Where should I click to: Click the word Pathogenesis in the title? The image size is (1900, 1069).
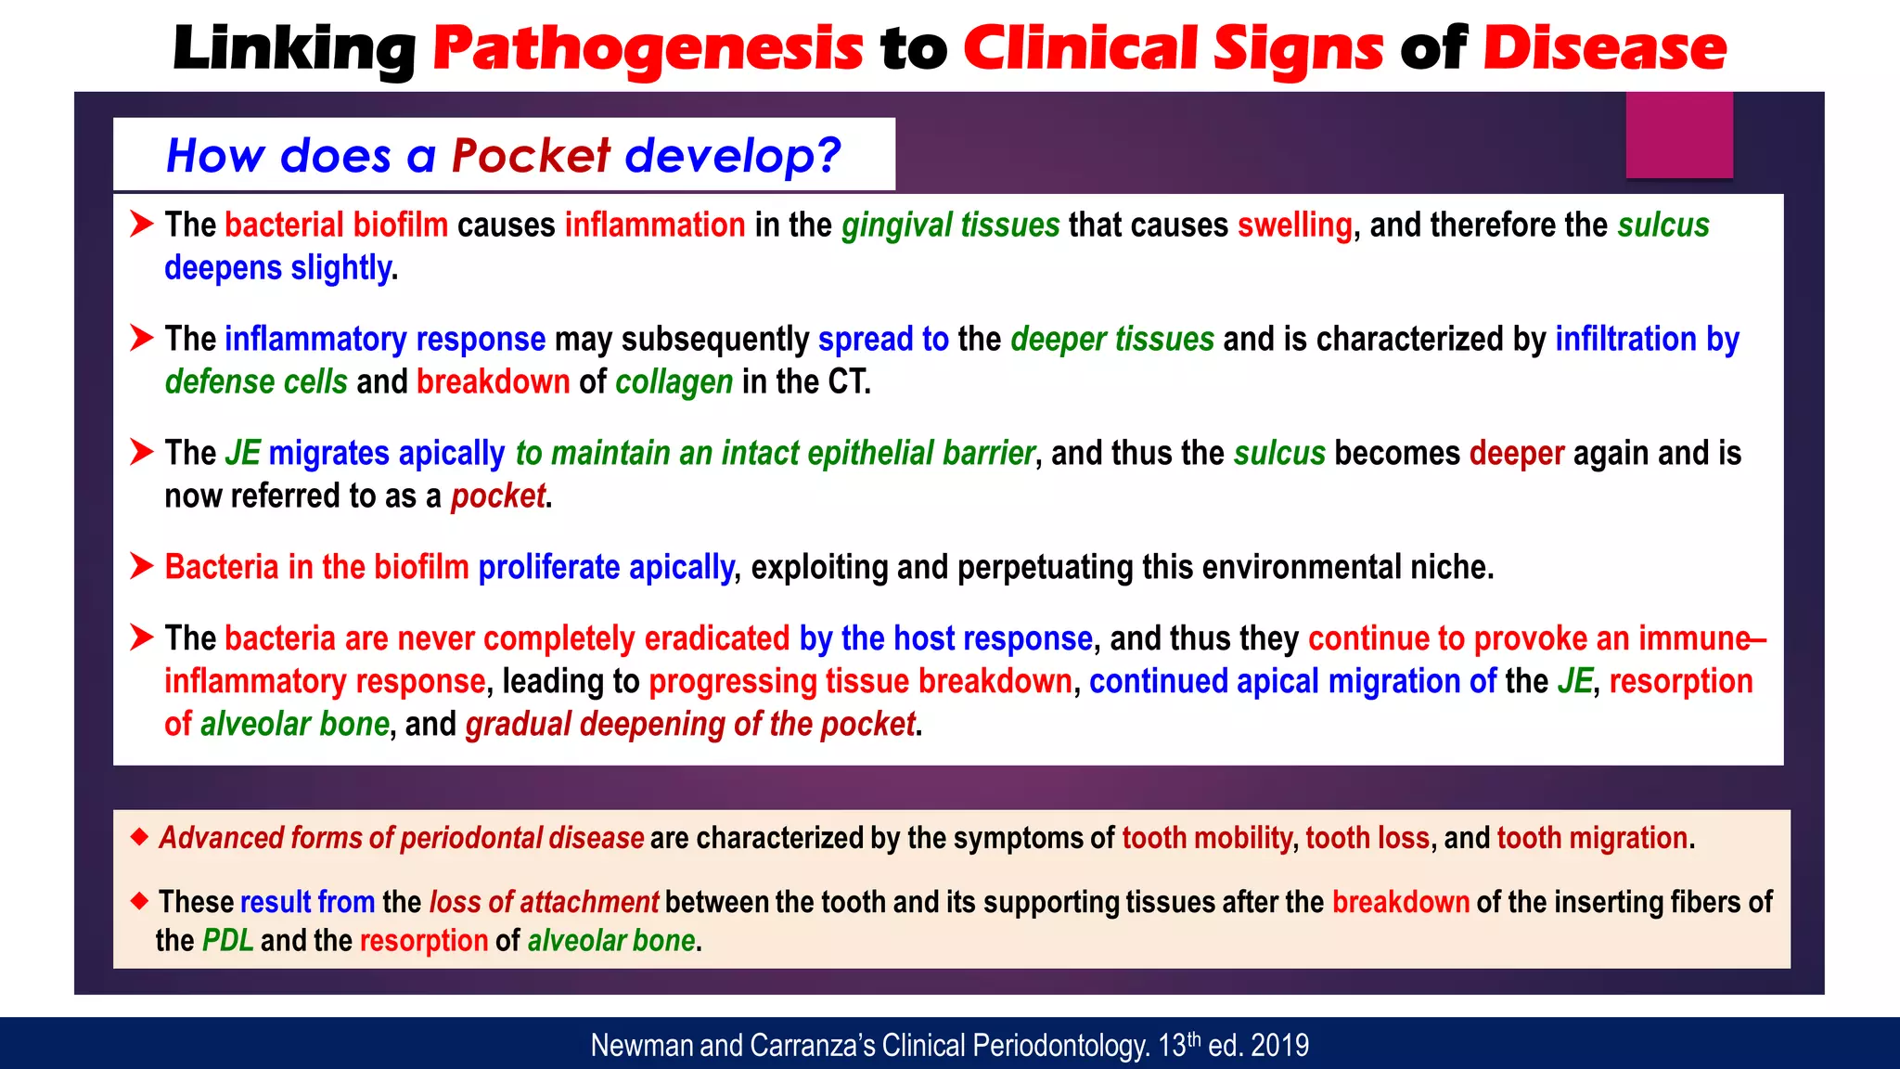pyautogui.click(x=648, y=48)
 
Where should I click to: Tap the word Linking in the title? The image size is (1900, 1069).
pyautogui.click(x=294, y=48)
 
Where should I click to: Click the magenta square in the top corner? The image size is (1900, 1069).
pyautogui.click(x=1678, y=135)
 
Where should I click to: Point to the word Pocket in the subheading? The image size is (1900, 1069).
pyautogui.click(x=532, y=155)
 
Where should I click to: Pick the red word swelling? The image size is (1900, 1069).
pyautogui.click(x=1294, y=225)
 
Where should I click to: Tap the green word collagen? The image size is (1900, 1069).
pyautogui.click(x=674, y=381)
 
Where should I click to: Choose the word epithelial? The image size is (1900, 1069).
pyautogui.click(x=870, y=453)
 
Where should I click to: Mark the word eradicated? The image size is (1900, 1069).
pyautogui.click(x=716, y=638)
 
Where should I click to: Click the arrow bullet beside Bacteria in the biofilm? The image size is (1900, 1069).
pyautogui.click(x=141, y=566)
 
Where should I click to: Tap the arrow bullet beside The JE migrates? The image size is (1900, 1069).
pyautogui.click(x=141, y=452)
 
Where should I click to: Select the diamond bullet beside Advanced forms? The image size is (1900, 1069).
pyautogui.click(x=139, y=837)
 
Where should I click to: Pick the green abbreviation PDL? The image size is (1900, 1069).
pyautogui.click(x=227, y=940)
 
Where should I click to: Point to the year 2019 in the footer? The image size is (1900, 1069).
pyautogui.click(x=1279, y=1046)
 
